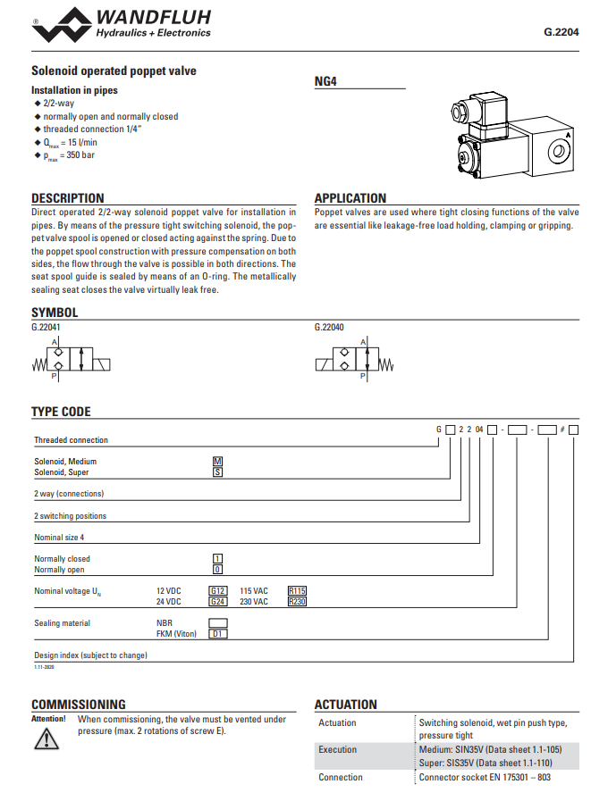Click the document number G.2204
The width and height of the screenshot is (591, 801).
pos(561,32)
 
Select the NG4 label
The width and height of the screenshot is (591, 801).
pos(325,81)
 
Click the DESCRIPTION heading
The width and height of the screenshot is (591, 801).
pos(68,198)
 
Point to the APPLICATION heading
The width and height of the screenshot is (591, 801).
pos(350,198)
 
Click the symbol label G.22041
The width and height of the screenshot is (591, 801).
pos(46,328)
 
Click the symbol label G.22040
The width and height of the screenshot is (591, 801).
pos(329,328)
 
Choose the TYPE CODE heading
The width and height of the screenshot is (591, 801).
pos(61,412)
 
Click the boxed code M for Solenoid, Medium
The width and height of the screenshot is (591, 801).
pos(216,462)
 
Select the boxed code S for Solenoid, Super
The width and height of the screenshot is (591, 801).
pos(216,472)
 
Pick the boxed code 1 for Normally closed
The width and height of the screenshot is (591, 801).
pos(216,559)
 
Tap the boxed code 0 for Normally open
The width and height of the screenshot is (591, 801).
pos(216,570)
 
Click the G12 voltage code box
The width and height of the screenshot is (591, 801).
pos(218,591)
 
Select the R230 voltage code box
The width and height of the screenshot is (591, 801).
pos(297,602)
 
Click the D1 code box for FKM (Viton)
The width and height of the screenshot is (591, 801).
pos(218,634)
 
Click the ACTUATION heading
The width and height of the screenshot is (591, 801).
pos(346,705)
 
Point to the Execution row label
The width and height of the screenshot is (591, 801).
pos(337,750)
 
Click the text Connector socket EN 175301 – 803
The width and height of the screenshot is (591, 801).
pos(485,777)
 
